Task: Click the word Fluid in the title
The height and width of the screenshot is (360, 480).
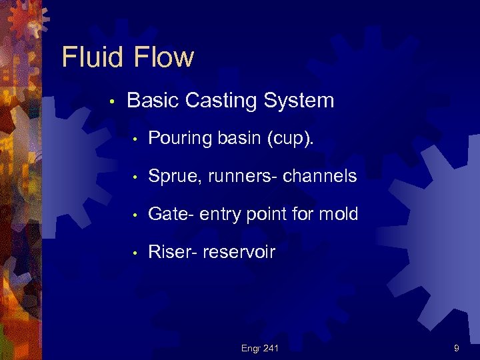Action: [x=91, y=57]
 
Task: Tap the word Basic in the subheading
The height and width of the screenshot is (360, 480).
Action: [x=153, y=101]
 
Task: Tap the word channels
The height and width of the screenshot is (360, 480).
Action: [x=320, y=176]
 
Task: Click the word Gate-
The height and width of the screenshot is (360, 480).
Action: [x=171, y=214]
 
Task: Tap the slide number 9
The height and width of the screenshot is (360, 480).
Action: [x=456, y=347]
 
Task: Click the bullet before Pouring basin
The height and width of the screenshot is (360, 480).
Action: [x=135, y=140]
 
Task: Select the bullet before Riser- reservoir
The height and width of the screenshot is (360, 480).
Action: [x=135, y=253]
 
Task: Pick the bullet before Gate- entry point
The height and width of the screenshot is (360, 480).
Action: [x=135, y=215]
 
